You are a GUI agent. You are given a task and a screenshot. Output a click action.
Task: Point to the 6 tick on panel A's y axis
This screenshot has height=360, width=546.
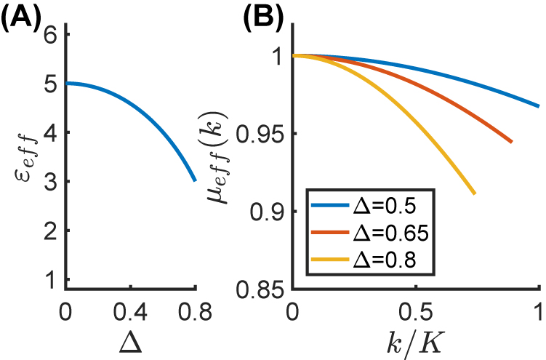[50, 33]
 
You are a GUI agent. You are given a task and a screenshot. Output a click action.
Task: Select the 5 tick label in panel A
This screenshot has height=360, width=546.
[50, 84]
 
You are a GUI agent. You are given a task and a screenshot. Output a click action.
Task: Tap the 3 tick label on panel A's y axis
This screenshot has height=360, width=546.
[50, 182]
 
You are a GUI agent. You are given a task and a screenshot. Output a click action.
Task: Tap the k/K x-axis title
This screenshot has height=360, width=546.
[415, 340]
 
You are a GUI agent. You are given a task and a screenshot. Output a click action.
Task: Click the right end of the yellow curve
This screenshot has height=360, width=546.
[475, 193]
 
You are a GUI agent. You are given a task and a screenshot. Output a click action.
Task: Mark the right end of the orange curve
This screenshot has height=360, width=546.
[512, 142]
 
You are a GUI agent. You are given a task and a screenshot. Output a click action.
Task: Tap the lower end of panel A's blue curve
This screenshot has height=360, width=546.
[194, 180]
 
